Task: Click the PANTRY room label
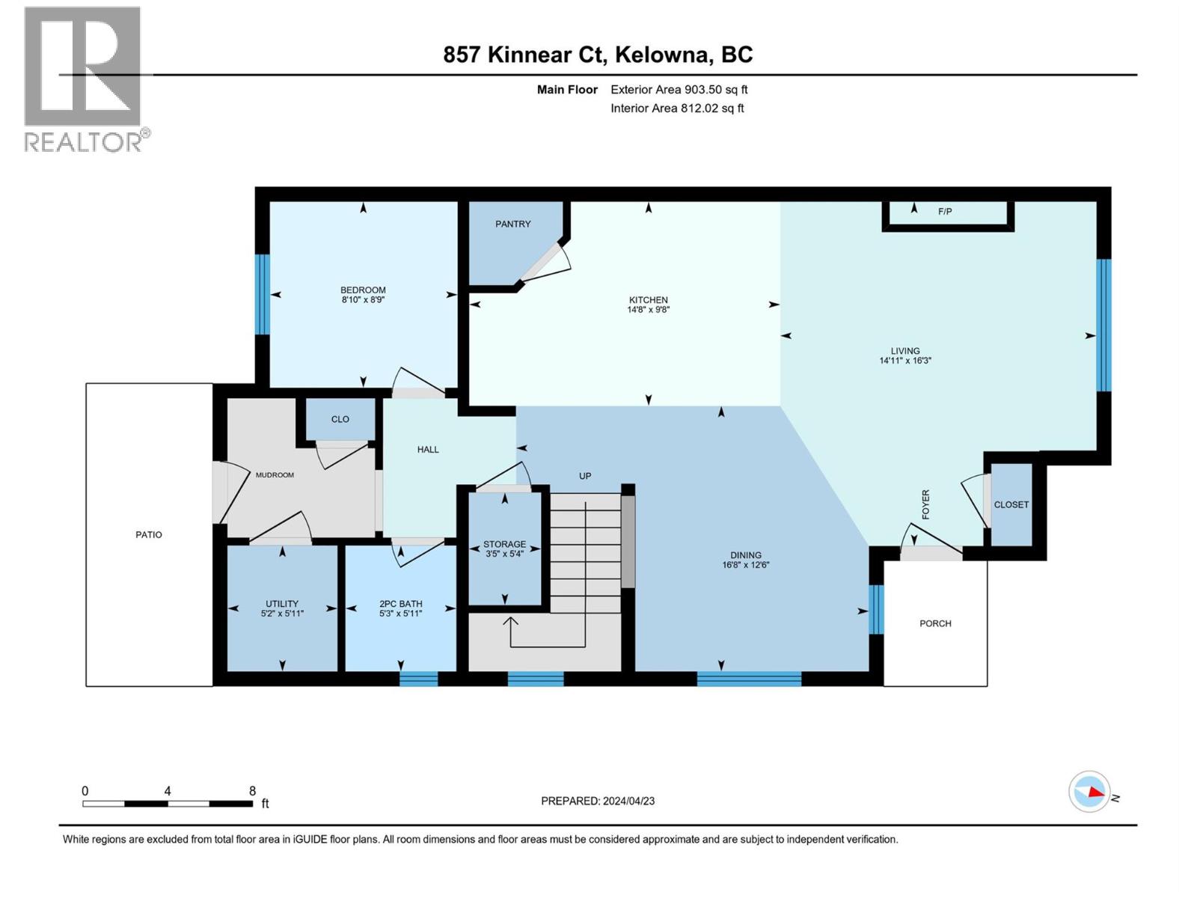(x=512, y=224)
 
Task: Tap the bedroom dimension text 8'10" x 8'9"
(x=363, y=300)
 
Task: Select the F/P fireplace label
(x=945, y=212)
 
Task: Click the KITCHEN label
(x=648, y=299)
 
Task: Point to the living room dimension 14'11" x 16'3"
(x=905, y=361)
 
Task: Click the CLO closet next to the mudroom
(x=340, y=419)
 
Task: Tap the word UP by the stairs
(x=585, y=476)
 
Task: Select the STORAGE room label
(x=504, y=544)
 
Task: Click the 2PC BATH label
(x=401, y=604)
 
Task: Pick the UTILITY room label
(x=282, y=604)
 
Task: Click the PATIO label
(x=149, y=534)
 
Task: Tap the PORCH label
(x=935, y=623)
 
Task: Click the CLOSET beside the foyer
(x=1011, y=504)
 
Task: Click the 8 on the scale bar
(x=252, y=791)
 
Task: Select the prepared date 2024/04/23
(x=628, y=801)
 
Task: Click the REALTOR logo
(x=84, y=79)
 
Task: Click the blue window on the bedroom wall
(x=262, y=294)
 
